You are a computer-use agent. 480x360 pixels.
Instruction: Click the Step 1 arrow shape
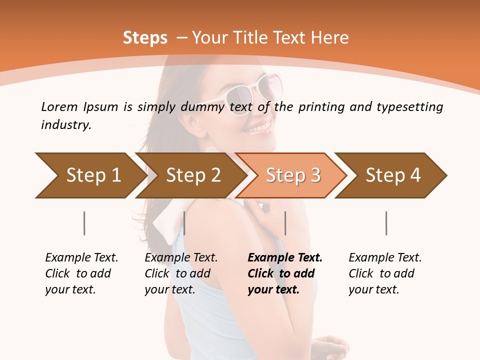point(90,175)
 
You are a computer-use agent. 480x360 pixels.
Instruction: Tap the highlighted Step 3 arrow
point(291,175)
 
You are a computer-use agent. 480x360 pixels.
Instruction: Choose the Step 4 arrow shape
point(391,175)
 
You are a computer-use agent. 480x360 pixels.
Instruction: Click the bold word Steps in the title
point(145,38)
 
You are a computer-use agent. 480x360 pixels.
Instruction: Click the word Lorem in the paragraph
point(58,106)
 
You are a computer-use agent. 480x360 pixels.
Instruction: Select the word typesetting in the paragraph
point(409,106)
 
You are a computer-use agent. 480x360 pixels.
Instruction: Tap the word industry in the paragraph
point(65,124)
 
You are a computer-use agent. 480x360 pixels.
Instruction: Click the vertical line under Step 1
point(84,223)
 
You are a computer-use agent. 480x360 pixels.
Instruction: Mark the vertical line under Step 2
point(184,223)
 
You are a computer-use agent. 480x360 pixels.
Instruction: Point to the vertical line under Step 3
point(285,223)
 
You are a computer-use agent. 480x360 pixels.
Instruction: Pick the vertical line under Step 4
point(386,223)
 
